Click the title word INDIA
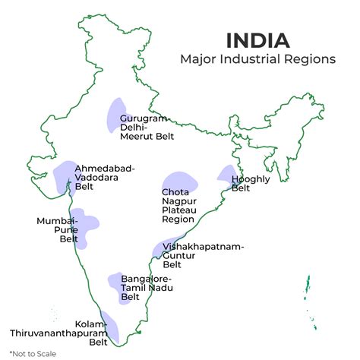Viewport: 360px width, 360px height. click(x=257, y=39)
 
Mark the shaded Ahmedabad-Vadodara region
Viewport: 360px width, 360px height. click(x=65, y=175)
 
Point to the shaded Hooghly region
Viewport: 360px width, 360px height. click(x=226, y=176)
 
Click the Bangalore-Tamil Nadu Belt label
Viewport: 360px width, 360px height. click(x=145, y=288)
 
